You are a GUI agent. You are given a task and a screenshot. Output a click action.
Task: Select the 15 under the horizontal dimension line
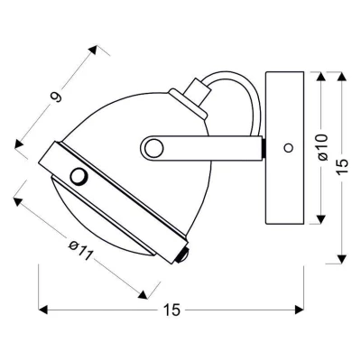click(172, 310)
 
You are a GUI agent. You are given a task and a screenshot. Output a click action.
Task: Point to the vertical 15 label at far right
click(347, 169)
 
